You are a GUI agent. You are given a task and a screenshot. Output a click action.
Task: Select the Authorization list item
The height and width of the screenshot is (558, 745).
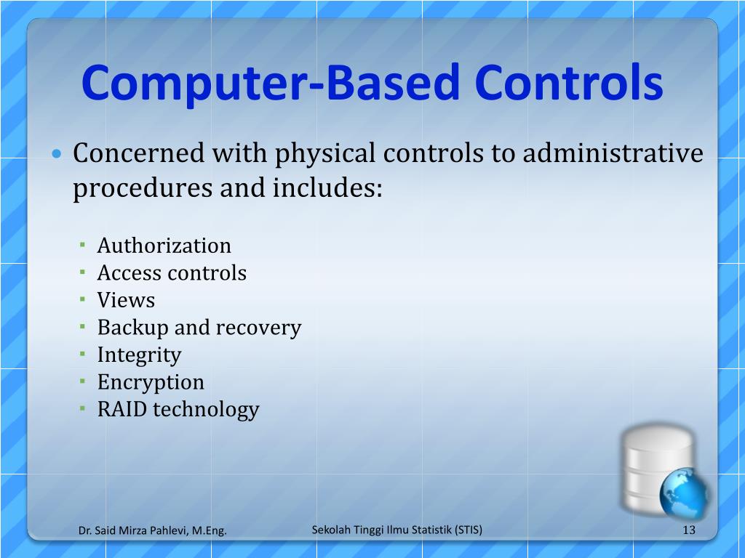164,246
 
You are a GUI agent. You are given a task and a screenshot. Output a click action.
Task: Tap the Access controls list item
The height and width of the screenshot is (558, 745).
172,273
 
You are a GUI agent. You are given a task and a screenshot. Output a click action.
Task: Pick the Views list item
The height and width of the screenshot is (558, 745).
126,300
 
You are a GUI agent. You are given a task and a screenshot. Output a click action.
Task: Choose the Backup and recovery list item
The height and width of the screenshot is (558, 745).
199,328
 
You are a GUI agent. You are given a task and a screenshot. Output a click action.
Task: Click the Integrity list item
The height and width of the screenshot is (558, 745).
139,355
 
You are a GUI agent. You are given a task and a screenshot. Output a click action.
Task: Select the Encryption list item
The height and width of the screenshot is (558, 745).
151,382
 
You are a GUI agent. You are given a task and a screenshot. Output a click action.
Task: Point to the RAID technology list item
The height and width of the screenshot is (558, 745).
178,409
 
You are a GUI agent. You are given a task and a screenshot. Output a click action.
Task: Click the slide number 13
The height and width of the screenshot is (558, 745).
689,530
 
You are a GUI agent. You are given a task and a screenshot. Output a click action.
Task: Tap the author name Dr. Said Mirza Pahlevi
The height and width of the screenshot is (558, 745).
134,531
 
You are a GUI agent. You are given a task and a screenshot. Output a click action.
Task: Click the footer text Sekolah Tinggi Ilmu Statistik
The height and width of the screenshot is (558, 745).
381,530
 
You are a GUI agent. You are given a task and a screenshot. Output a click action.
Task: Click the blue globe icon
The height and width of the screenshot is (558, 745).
684,492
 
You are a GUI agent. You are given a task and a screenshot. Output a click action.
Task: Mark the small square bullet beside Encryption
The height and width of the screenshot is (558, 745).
84,381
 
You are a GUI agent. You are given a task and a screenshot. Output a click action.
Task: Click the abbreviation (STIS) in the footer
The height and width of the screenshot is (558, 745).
467,530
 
